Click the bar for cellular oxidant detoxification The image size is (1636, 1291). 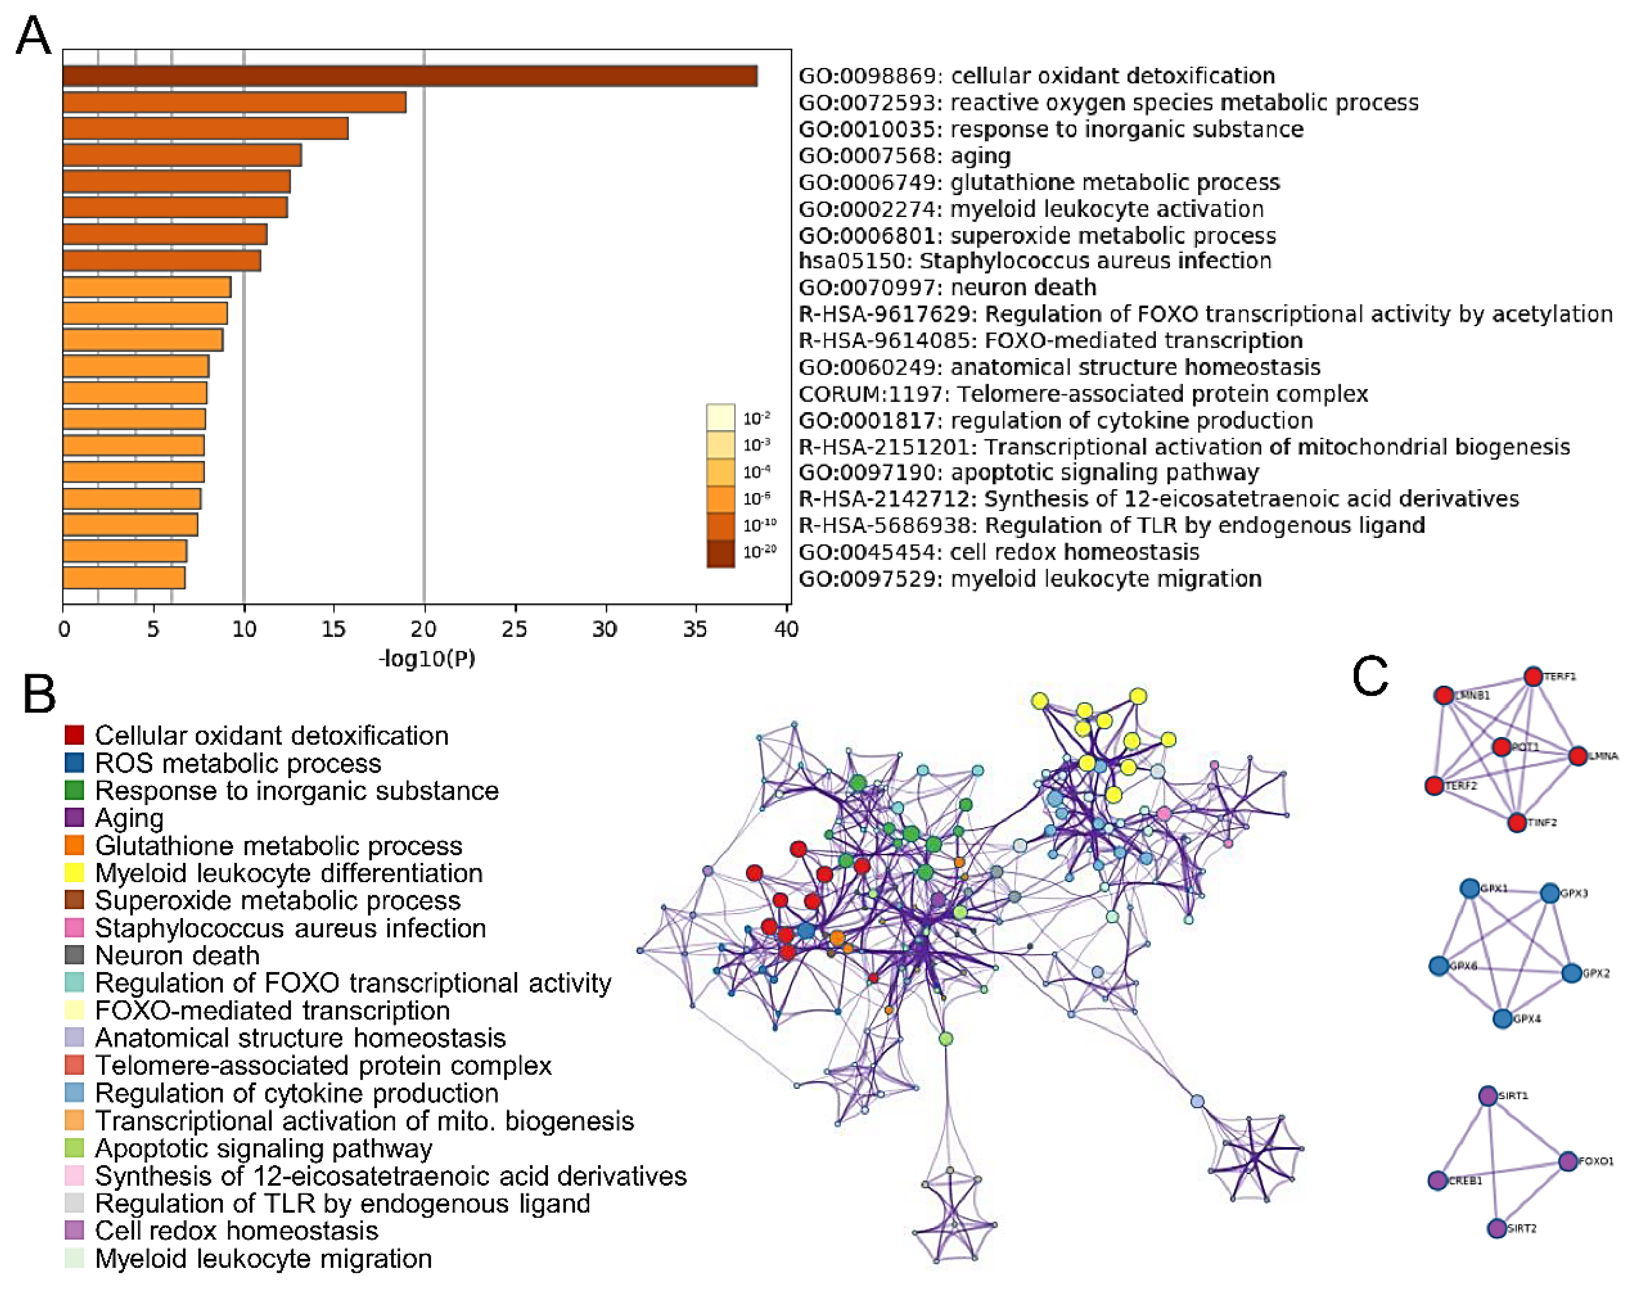(x=408, y=75)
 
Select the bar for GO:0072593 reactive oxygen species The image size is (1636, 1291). (x=234, y=102)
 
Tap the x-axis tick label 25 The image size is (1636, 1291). (x=514, y=629)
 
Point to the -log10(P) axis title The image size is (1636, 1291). (x=427, y=658)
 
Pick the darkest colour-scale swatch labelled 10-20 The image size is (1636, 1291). (x=720, y=553)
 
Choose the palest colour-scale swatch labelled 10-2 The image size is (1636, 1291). (x=720, y=417)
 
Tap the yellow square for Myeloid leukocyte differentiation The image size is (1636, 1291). (x=74, y=873)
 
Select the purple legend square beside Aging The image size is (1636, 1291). (x=74, y=818)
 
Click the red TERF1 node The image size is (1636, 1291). (x=1533, y=676)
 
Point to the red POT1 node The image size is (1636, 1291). (x=1501, y=747)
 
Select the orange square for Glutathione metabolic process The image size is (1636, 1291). (x=74, y=845)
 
